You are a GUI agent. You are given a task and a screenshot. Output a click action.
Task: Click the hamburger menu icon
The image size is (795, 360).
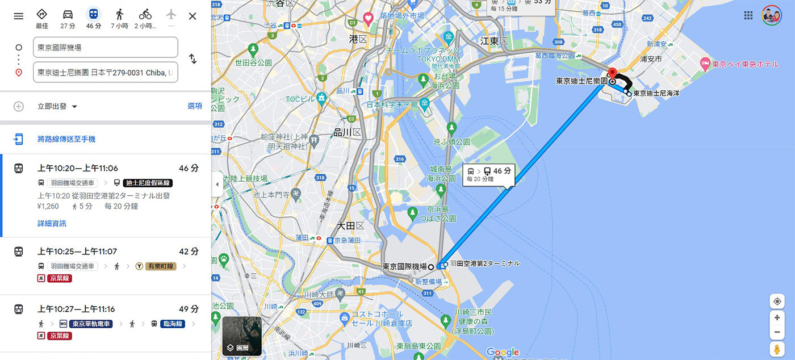[19, 16]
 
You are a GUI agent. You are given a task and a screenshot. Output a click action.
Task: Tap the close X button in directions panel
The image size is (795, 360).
[193, 16]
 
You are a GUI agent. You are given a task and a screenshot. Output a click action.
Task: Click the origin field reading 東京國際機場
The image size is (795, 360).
[106, 48]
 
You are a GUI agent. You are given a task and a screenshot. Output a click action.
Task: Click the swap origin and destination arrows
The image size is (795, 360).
[193, 59]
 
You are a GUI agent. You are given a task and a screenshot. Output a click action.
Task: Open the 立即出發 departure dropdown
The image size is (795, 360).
[57, 106]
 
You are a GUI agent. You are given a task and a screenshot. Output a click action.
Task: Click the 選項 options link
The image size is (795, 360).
[195, 106]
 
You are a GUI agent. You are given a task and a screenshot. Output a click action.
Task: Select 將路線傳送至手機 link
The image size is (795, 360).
[66, 139]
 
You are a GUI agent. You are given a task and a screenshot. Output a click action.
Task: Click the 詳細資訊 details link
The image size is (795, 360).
[52, 224]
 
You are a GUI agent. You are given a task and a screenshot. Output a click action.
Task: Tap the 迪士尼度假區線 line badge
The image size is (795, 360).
[147, 183]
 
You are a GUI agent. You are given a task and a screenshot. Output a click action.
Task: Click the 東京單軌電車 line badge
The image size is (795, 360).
[92, 324]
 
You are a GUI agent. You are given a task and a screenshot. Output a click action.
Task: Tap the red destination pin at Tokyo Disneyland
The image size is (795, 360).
[612, 73]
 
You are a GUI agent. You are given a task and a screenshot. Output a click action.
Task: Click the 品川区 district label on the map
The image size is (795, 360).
[348, 132]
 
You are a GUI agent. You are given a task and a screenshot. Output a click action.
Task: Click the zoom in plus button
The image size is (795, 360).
[777, 317]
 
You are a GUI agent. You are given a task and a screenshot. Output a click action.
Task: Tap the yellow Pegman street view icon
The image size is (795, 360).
[777, 349]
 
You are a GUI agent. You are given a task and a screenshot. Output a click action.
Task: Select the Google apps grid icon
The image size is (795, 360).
[748, 15]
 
